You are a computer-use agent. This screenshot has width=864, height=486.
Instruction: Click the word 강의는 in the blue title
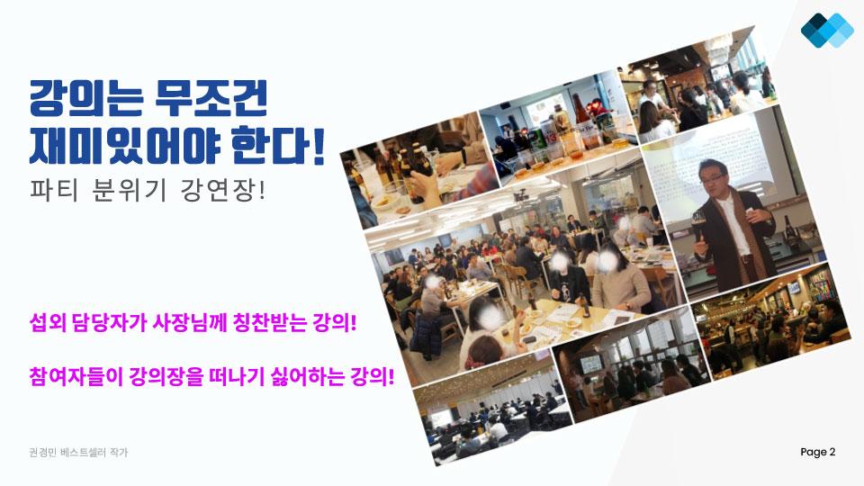click(86, 98)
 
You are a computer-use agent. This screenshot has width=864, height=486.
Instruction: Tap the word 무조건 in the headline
click(211, 98)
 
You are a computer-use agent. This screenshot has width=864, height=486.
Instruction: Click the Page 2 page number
click(818, 452)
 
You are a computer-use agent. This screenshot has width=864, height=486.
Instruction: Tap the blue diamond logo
click(827, 30)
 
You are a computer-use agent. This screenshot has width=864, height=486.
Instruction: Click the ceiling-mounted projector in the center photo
click(521, 196)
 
